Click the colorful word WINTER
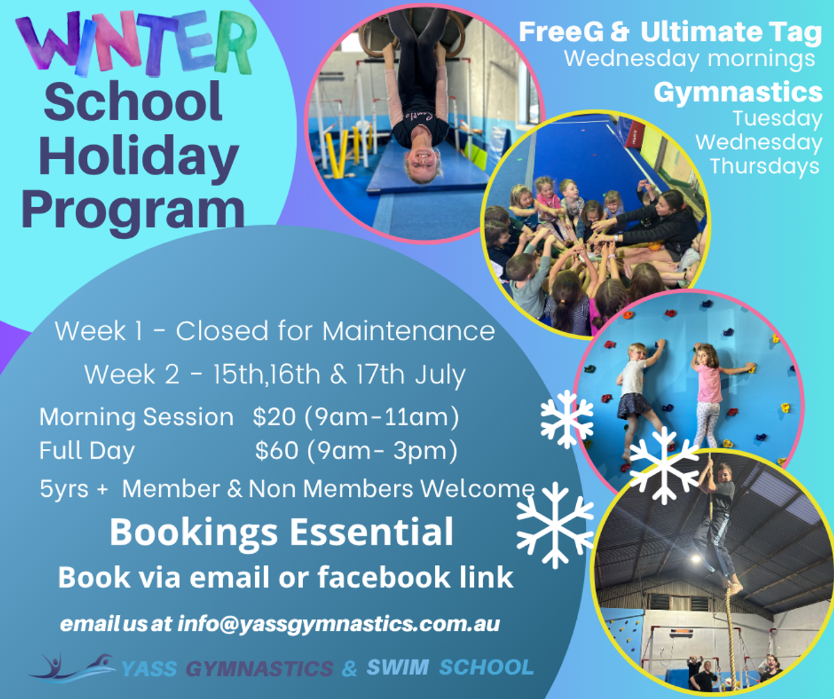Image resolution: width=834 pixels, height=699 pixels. click(x=136, y=43)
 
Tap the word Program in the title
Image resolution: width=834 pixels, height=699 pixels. click(x=133, y=211)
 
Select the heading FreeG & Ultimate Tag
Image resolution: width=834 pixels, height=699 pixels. click(x=670, y=32)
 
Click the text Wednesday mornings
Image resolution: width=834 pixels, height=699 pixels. click(x=689, y=59)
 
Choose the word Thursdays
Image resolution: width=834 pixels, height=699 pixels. click(x=764, y=166)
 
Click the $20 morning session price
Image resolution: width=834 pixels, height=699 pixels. click(x=274, y=417)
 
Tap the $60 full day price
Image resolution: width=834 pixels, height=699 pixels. click(x=277, y=450)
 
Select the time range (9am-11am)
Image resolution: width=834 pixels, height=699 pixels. click(x=382, y=417)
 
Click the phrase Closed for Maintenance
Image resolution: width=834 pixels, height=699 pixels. click(x=336, y=331)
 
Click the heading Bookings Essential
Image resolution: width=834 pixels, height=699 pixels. click(x=281, y=532)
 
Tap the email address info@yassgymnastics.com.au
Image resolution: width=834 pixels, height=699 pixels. click(x=338, y=624)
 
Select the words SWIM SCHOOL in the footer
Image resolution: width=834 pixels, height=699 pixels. click(x=450, y=668)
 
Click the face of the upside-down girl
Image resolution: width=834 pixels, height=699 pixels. click(x=422, y=163)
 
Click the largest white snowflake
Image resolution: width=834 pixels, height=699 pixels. click(x=555, y=525)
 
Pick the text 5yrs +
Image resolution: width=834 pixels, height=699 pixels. click(x=74, y=489)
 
